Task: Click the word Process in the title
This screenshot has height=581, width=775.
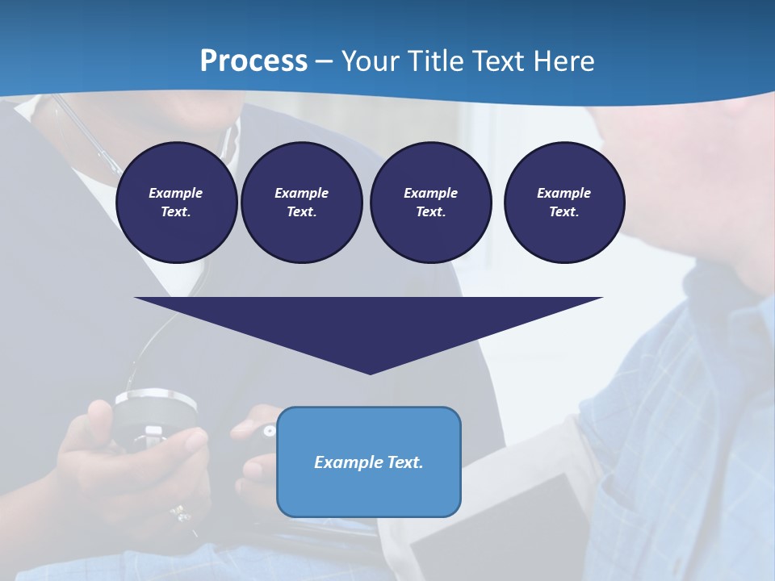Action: click(x=253, y=61)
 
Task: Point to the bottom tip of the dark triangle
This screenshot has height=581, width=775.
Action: click(x=370, y=373)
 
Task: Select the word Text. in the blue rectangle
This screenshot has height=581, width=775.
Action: click(x=404, y=462)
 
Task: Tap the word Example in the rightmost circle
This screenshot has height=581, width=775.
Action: click(x=563, y=193)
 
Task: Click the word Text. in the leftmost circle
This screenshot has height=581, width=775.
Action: click(x=176, y=212)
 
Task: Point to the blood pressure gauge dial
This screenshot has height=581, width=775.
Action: click(x=155, y=412)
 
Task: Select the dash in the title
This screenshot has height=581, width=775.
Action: click(x=325, y=61)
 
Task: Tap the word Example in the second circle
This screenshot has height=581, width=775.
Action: click(x=301, y=193)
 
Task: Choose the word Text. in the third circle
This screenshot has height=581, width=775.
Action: click(x=430, y=212)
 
